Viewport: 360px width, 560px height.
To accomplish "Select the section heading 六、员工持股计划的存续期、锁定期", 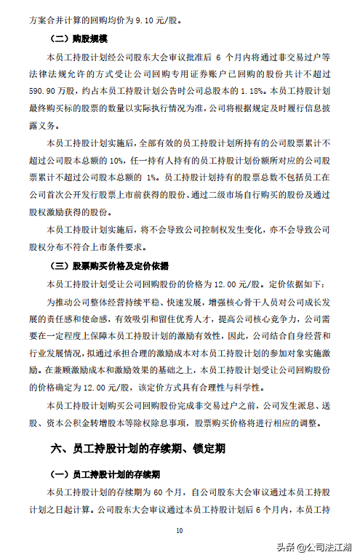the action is coord(137,449).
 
